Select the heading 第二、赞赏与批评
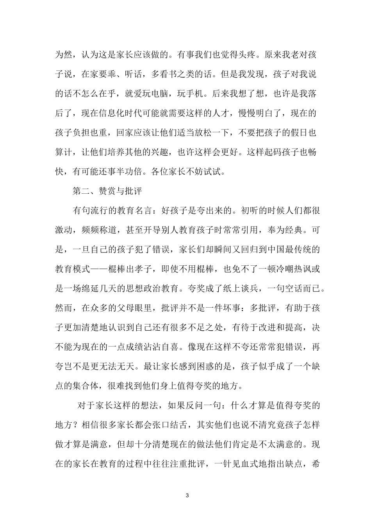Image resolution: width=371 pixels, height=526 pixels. tap(107, 191)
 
